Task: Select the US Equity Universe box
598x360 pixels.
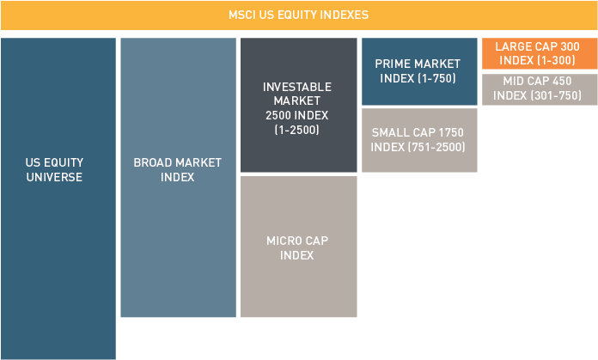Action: click(x=58, y=198)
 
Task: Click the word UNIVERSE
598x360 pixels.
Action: click(x=54, y=177)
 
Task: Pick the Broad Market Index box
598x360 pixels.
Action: click(x=179, y=177)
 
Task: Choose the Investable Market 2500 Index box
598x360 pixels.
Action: click(x=299, y=105)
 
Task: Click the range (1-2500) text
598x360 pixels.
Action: click(x=297, y=130)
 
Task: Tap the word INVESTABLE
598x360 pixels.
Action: click(x=297, y=87)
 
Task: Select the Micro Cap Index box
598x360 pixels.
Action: click(x=299, y=247)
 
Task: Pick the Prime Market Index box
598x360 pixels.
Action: click(x=419, y=71)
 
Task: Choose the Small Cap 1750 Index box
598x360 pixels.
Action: click(x=419, y=140)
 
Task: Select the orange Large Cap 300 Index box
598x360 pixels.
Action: click(x=540, y=53)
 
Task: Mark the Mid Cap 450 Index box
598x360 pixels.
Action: click(x=540, y=89)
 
